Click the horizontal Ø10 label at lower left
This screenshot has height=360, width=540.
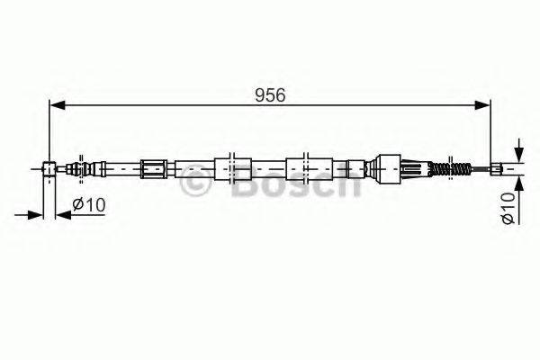[89, 205]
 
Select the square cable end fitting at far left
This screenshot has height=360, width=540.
[49, 167]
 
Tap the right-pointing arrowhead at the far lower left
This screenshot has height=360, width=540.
[38, 214]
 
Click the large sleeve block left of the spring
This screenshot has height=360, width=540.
[386, 166]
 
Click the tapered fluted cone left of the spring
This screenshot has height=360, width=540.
[416, 166]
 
